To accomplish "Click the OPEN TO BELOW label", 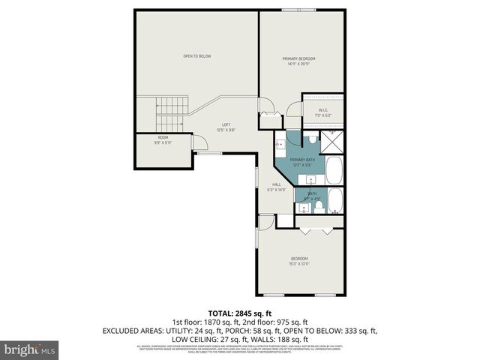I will (x=197, y=56).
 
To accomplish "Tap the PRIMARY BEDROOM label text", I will (x=298, y=61).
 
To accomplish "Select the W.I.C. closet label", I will (x=323, y=113).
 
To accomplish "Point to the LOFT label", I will (x=226, y=127).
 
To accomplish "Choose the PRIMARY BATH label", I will (x=302, y=161).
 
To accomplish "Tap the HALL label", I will (x=277, y=187).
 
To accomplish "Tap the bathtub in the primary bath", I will (x=334, y=171).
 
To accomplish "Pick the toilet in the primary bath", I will (x=311, y=139).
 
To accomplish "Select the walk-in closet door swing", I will (x=296, y=112).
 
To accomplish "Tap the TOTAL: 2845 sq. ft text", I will (x=239, y=313).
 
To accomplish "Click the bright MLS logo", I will (x=30, y=349).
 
